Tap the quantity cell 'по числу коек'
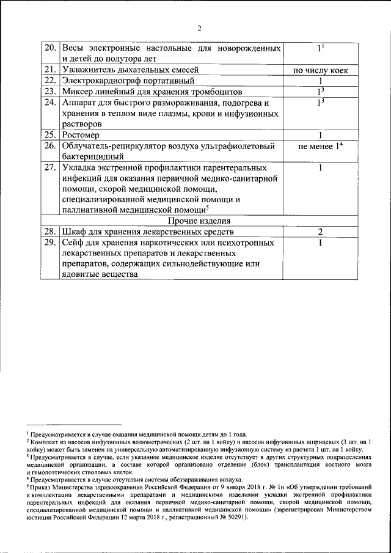321,70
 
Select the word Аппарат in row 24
79,103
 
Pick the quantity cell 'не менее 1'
321,146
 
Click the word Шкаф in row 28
74,232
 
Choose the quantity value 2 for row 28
320,232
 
